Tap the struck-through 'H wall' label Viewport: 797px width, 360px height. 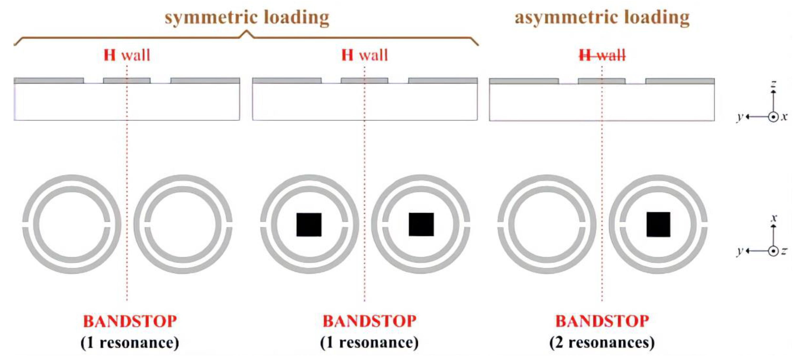[602, 55]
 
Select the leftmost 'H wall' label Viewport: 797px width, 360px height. [127, 55]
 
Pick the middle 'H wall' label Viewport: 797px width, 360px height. [365, 55]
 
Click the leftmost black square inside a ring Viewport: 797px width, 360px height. [309, 225]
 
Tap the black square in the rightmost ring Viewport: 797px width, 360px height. [658, 225]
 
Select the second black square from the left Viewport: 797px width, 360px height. [421, 225]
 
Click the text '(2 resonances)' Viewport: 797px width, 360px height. [602, 343]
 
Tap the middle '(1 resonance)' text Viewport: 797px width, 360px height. [369, 343]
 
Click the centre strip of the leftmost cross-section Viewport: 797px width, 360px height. [127, 81]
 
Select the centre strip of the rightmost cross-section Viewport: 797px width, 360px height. [602, 81]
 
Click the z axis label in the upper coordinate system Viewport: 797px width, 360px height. [773, 84]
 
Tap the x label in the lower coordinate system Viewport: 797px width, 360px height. [774, 218]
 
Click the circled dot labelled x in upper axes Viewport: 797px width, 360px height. [773, 117]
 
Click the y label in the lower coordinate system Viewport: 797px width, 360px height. [740, 251]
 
